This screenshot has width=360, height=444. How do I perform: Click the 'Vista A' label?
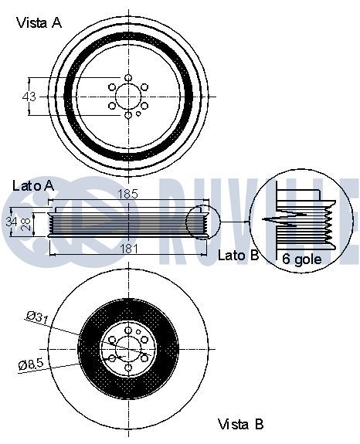tap(39, 22)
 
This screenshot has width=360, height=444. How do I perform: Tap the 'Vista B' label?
tap(240, 424)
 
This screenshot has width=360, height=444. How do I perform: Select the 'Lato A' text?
tap(33, 186)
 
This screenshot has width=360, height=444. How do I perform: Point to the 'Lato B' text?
tap(238, 255)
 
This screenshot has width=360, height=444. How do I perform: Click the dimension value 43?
tap(29, 97)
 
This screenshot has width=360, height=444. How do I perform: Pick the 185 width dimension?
tap(127, 194)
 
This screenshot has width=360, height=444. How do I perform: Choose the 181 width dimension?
tap(129, 249)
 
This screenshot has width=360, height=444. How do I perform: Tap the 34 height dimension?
tap(12, 222)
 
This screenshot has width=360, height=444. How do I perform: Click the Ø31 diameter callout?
tap(37, 317)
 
